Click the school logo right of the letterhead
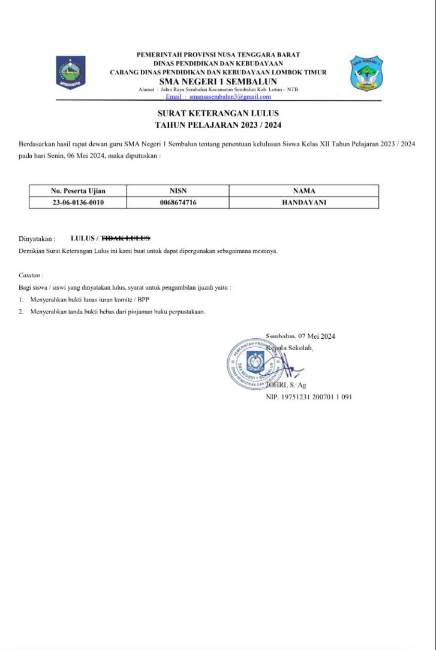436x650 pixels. point(367,74)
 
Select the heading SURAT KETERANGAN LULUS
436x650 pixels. point(218,113)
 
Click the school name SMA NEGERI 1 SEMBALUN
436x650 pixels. point(218,82)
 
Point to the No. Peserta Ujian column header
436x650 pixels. point(78,191)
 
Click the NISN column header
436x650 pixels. point(178,191)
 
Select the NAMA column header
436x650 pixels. point(304,191)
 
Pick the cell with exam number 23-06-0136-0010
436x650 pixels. point(78,203)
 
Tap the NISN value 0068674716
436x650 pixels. point(178,203)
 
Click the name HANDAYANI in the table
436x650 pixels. point(304,203)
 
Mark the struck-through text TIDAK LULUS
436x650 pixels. point(126,238)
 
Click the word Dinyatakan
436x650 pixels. point(37,239)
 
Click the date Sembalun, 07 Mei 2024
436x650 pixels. point(300,336)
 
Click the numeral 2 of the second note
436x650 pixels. point(20,311)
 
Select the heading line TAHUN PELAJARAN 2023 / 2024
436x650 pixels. point(218,125)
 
